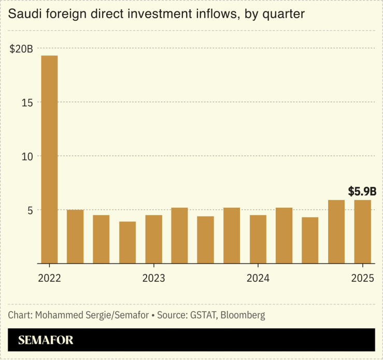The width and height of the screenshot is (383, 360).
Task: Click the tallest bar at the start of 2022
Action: [49, 160]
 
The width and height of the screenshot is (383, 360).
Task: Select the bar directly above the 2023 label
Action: [153, 239]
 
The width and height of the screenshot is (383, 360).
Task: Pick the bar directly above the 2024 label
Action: [258, 239]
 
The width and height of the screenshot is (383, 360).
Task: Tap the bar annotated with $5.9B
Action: [362, 232]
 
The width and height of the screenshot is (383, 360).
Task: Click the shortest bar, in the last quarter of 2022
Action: [127, 242]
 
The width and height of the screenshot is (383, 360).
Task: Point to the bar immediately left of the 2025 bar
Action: [336, 232]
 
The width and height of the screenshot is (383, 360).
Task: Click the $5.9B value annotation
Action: [362, 191]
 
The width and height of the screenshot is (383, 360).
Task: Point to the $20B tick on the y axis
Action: [21, 49]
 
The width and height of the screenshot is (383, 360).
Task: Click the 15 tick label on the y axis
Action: [27, 103]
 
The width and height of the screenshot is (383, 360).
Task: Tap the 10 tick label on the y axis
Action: [27, 156]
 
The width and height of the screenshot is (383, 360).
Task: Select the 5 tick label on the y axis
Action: [30, 210]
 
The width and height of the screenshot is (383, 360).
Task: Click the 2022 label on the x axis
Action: [49, 278]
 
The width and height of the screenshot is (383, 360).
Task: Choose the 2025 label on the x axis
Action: [362, 278]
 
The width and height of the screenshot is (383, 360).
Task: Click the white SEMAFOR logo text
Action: [46, 340]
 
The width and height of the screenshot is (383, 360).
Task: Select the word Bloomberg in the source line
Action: [243, 315]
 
